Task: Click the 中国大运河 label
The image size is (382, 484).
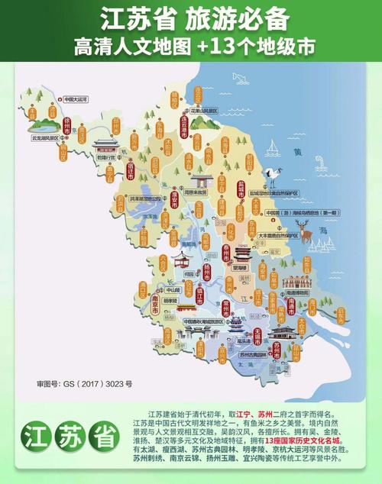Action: pos(76,99)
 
